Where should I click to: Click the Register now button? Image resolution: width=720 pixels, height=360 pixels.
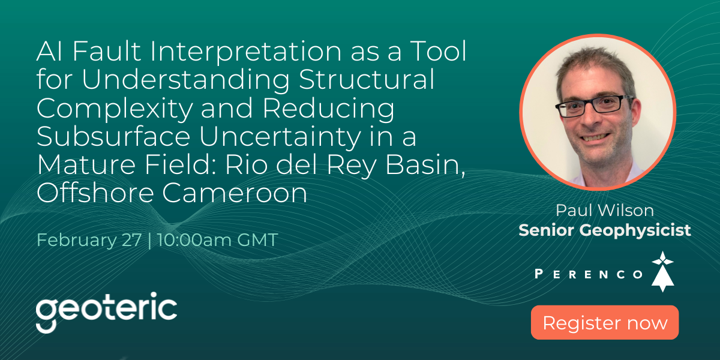(605, 322)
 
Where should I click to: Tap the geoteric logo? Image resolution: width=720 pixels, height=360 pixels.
(106, 312)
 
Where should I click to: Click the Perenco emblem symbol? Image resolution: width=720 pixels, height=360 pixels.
(662, 272)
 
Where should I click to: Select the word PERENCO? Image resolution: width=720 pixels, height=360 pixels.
(589, 274)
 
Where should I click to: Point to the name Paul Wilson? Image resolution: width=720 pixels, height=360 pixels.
(605, 211)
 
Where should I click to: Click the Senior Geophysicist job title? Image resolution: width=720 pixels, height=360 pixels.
(605, 231)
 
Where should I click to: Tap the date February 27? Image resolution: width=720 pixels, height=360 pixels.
(89, 240)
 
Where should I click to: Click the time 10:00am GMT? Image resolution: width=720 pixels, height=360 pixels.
(218, 240)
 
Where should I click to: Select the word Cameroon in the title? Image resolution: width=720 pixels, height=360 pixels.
(235, 193)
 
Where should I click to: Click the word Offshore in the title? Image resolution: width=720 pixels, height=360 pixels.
(95, 193)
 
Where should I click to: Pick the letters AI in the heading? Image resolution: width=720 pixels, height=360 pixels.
(49, 51)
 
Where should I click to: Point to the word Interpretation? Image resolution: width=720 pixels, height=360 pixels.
(245, 52)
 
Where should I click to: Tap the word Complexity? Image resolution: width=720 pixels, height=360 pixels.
(115, 109)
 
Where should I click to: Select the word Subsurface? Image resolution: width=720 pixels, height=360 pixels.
(113, 136)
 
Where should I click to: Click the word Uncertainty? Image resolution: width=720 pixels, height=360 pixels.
(280, 137)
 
